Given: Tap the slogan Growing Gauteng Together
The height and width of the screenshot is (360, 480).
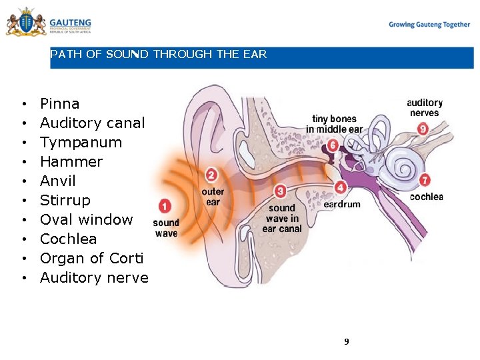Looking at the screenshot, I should tap(429, 25).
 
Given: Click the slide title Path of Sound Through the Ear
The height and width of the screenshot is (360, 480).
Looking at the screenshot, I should tap(158, 55).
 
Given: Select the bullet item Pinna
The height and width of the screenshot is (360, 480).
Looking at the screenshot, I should tap(59, 104).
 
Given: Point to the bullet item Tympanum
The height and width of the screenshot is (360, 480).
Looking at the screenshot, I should tap(81, 143).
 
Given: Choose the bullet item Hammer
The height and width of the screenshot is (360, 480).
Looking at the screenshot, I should tap(71, 162).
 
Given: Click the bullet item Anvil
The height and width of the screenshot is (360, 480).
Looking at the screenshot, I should tap(58, 181).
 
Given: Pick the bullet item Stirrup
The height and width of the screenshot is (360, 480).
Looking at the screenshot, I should tap(65, 201).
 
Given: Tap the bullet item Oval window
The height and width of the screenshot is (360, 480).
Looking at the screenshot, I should tap(86, 220).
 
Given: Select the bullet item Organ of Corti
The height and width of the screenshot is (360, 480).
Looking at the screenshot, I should tap(91, 259).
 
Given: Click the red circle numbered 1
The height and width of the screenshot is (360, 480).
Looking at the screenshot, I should tap(165, 207).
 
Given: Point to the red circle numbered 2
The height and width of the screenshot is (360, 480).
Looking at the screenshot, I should tap(211, 175).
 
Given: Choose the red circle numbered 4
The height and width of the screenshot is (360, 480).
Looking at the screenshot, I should tap(341, 187).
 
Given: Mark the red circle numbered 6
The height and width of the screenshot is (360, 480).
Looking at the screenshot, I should tap(333, 145).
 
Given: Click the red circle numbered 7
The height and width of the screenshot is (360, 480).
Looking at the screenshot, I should tap(425, 181).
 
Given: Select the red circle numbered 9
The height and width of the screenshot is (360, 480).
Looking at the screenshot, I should tap(423, 128).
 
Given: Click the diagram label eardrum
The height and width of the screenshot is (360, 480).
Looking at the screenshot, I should tap(342, 205).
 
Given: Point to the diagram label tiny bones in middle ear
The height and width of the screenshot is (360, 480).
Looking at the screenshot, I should tap(334, 124).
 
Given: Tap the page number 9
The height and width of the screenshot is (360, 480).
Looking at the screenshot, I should tap(346, 342).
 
